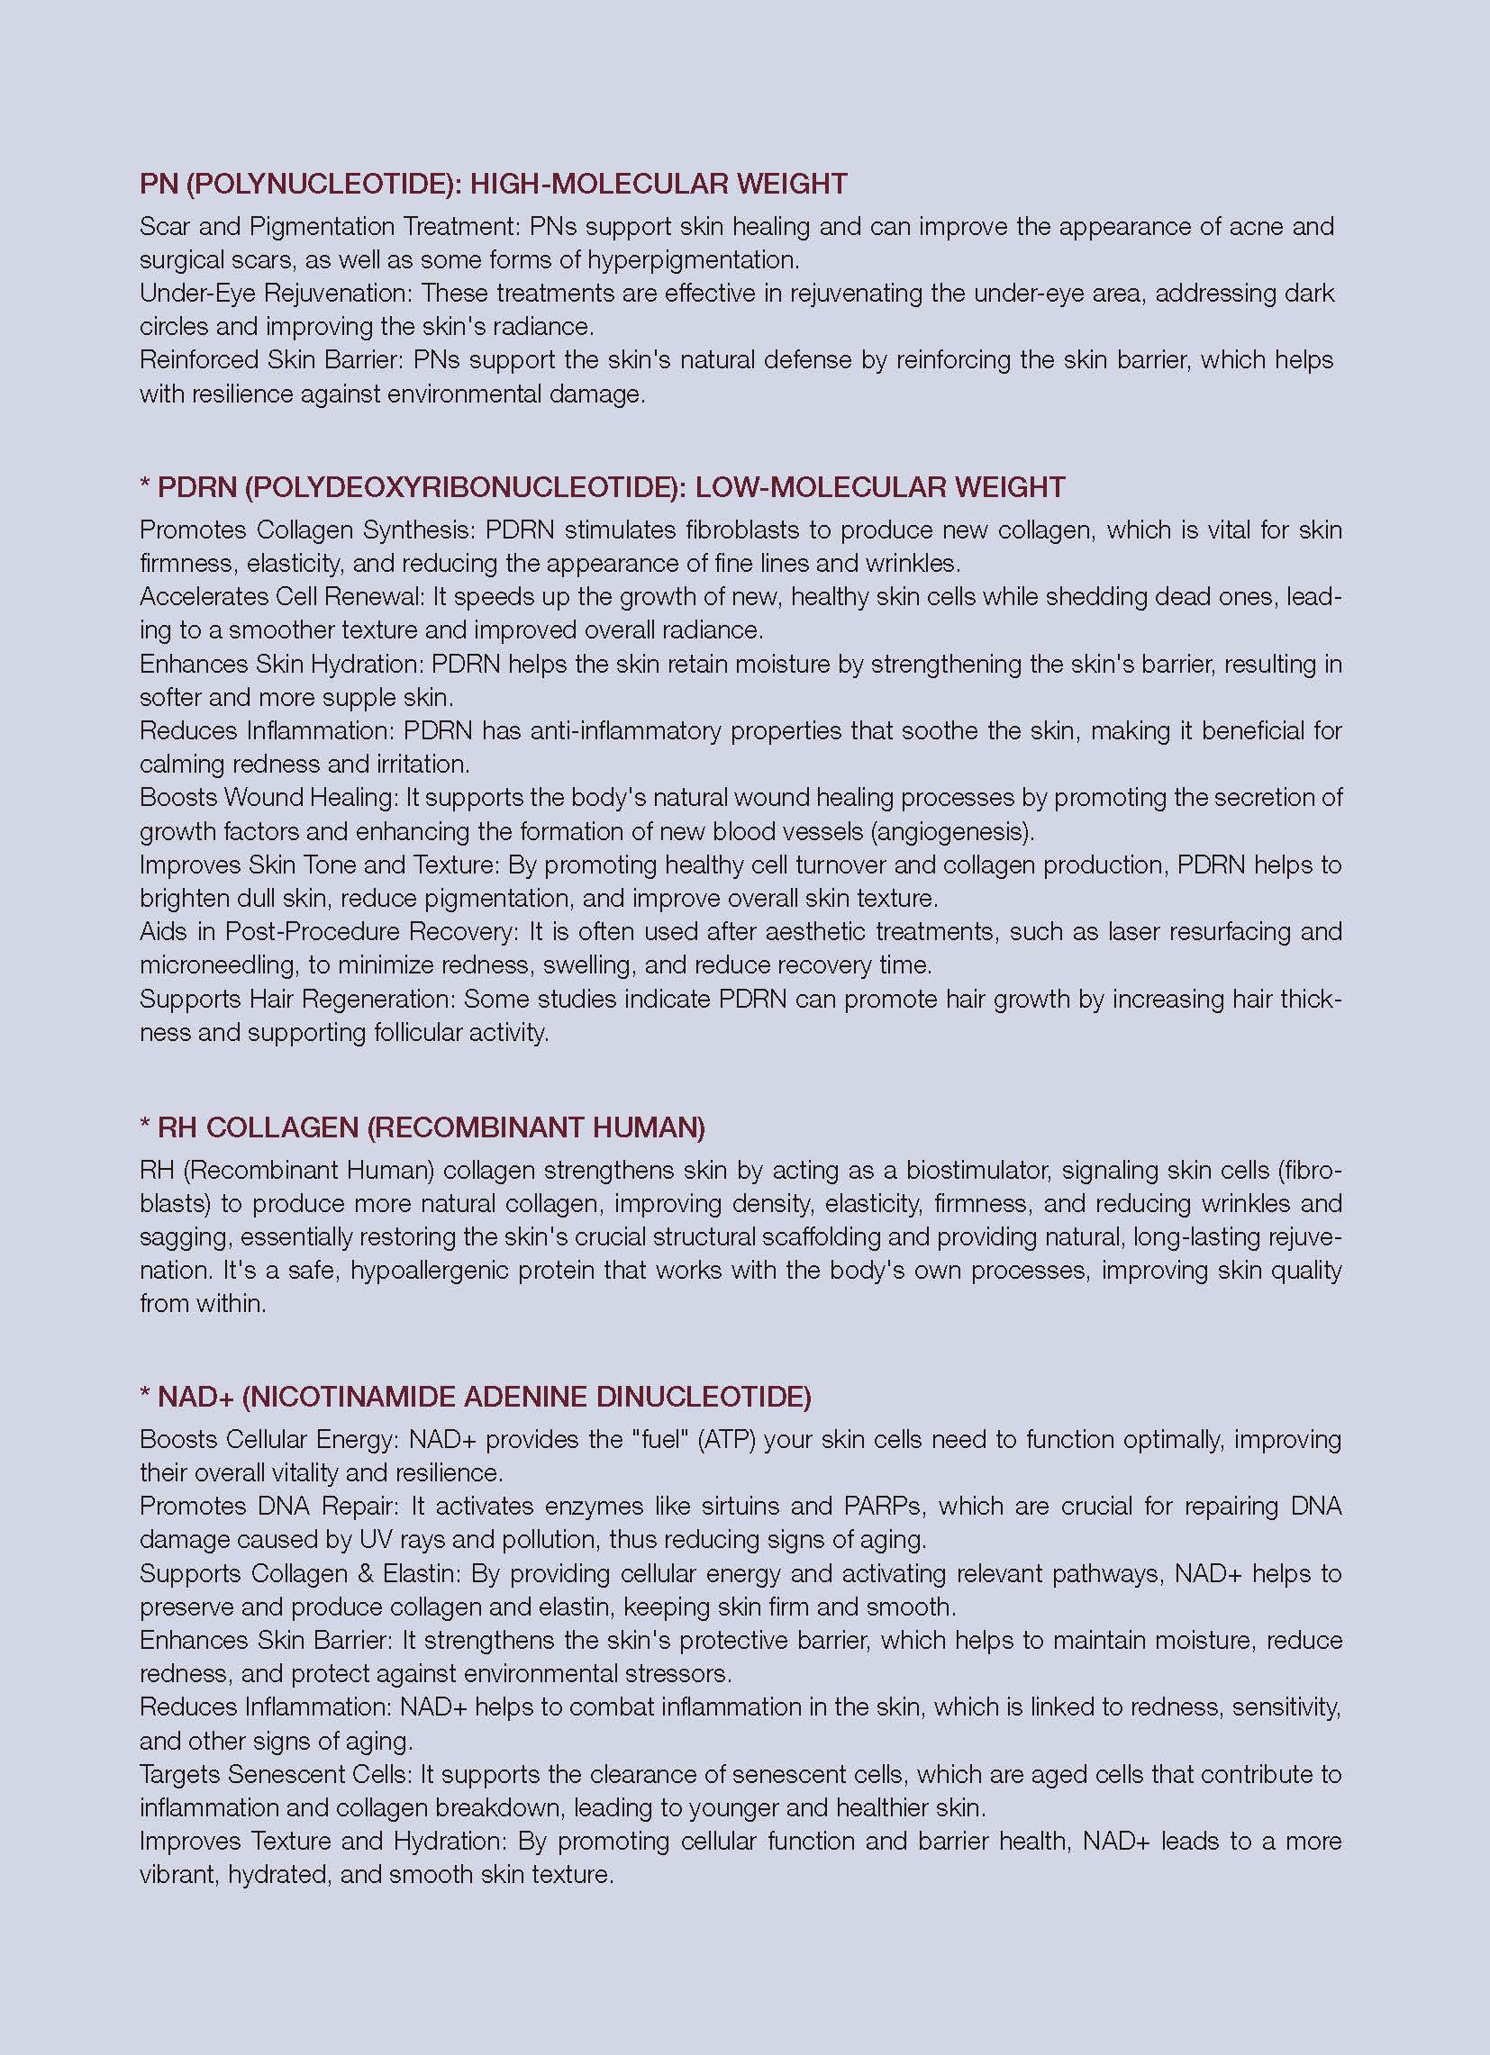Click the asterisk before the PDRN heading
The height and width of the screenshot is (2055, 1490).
[x=145, y=486]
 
